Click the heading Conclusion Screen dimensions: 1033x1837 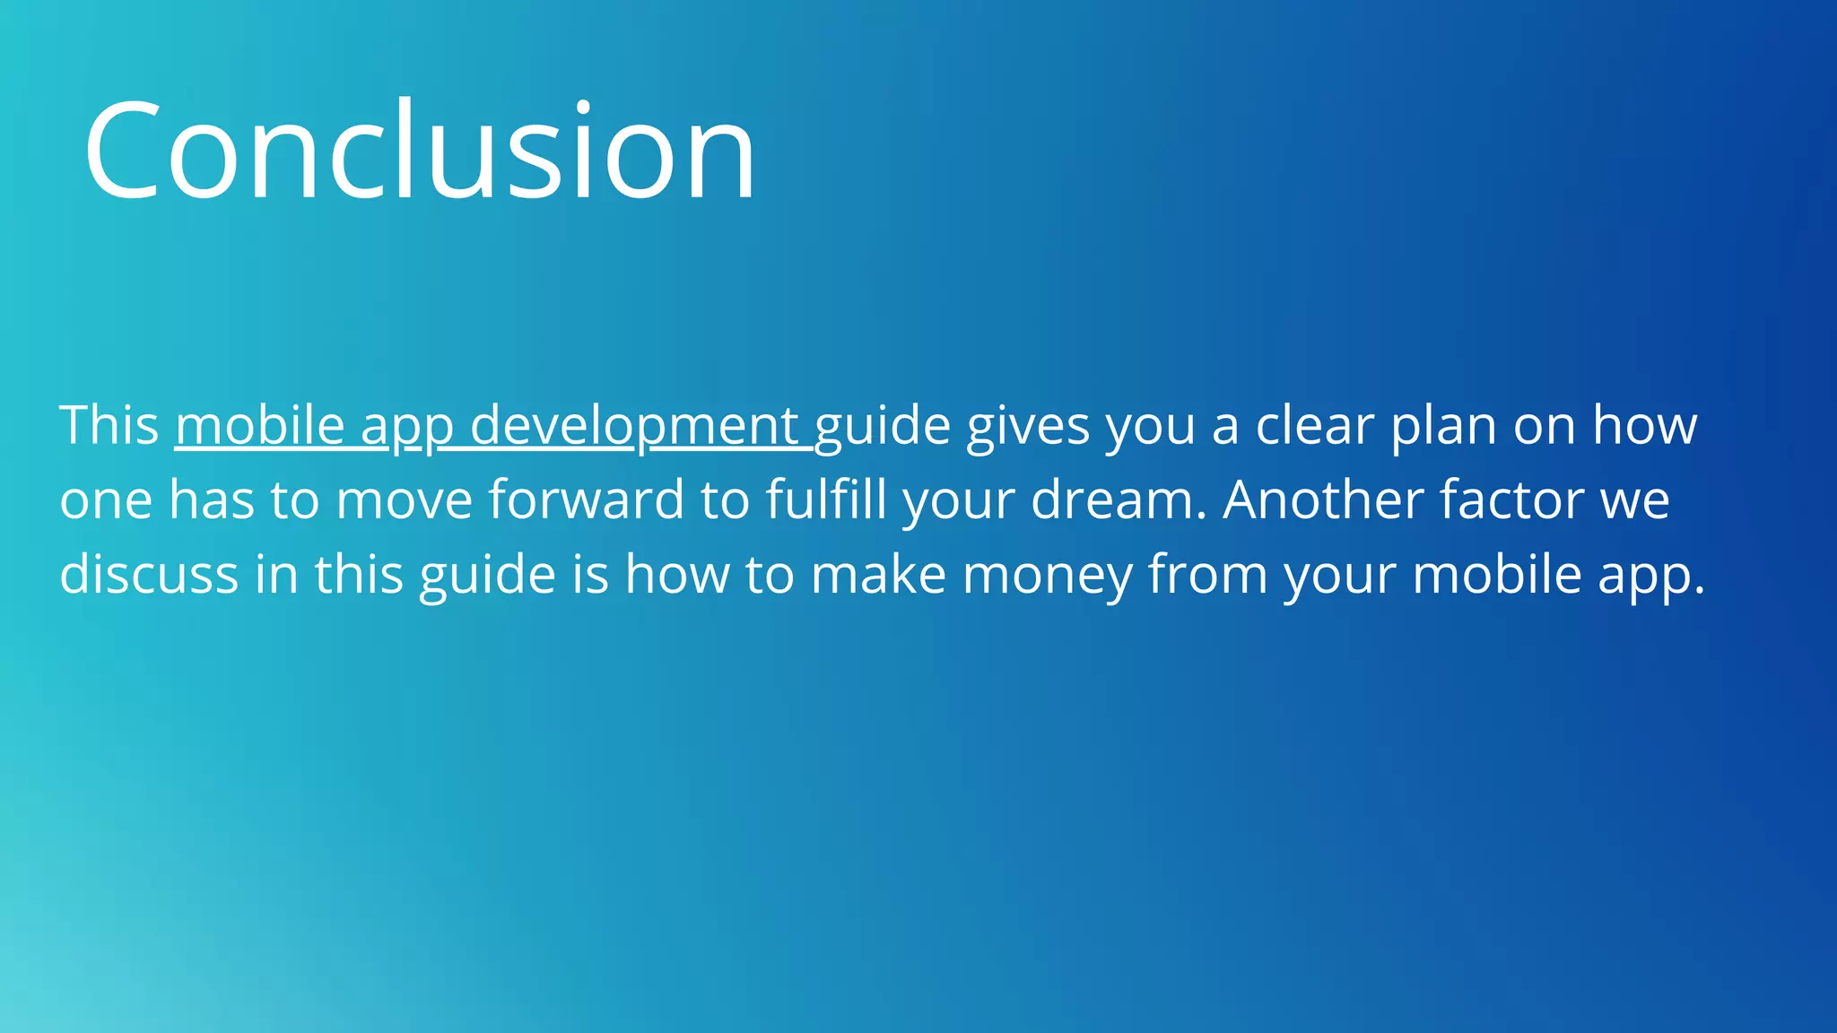click(x=420, y=151)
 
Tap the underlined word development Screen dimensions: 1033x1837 click(x=634, y=425)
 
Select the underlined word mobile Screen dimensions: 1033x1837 click(x=260, y=425)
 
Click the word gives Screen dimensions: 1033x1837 click(x=1028, y=425)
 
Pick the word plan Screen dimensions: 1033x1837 click(x=1444, y=425)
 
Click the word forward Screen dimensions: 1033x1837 click(x=586, y=499)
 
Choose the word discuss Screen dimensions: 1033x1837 click(x=149, y=574)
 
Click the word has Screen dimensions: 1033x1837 click(x=212, y=499)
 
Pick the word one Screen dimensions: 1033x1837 click(x=106, y=499)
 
